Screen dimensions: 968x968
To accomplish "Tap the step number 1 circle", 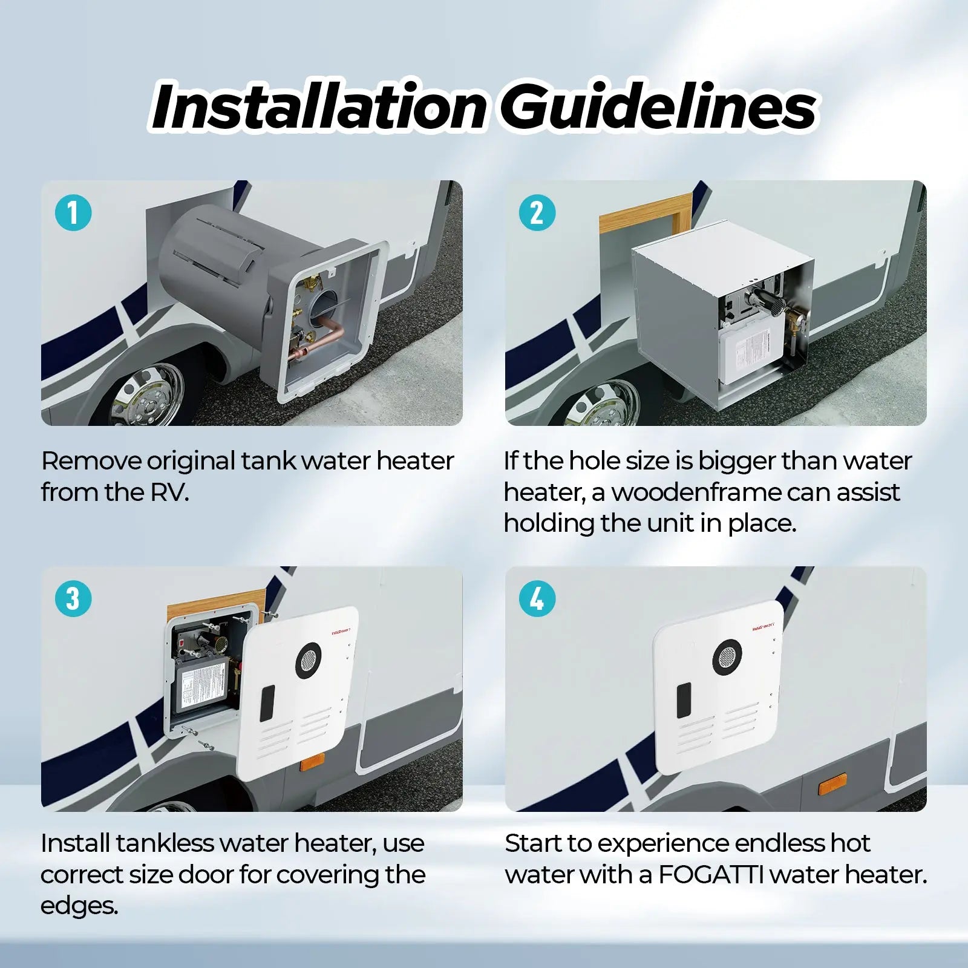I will tap(73, 213).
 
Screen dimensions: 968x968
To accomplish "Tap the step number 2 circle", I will tap(537, 213).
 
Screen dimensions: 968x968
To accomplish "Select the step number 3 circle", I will tap(73, 599).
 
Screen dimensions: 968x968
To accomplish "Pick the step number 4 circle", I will tap(537, 599).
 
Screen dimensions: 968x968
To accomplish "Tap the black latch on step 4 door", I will tap(684, 701).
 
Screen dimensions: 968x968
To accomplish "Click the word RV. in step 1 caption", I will tap(169, 492).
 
